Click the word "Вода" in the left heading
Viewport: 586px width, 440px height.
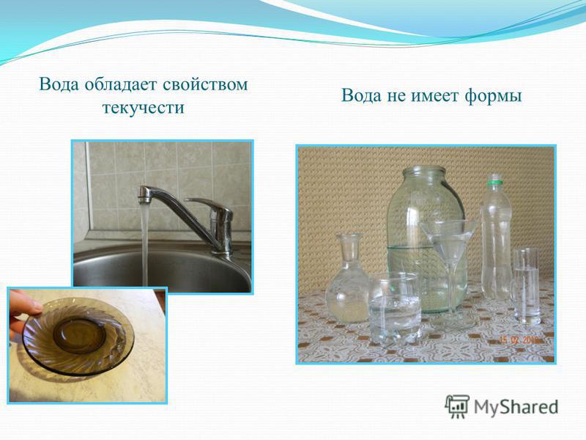point(59,84)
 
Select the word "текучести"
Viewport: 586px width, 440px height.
point(143,107)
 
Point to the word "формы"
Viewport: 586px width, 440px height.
point(493,97)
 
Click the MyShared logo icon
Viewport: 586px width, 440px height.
point(456,407)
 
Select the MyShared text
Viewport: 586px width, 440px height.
point(516,407)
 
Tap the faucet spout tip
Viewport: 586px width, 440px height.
point(144,199)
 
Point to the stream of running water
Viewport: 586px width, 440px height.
point(144,243)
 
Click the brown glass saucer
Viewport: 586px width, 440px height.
point(78,336)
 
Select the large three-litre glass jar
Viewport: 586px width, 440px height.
point(426,240)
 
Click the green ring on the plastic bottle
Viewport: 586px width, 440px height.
point(495,183)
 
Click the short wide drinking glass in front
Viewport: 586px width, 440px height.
point(395,308)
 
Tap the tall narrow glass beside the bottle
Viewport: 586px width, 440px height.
point(527,286)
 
